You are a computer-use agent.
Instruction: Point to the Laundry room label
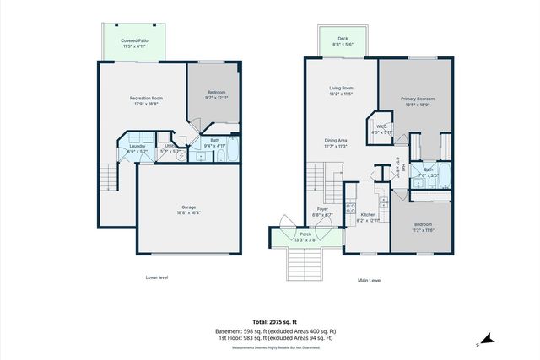pos(137,149)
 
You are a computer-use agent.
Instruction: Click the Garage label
pos(188,210)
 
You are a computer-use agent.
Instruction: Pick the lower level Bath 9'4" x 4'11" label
pos(215,143)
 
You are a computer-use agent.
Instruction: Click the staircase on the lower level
pos(107,176)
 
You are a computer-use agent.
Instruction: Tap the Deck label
pos(343,40)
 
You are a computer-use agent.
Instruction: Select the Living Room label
pos(341,91)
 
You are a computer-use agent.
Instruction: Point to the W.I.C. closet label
pos(382,129)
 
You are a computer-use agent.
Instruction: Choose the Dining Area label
pos(336,143)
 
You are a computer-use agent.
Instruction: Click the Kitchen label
pos(368,218)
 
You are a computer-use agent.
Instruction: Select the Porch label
pos(305,236)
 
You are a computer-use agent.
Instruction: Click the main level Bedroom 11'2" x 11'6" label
pos(423,228)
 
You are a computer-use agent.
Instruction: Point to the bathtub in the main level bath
pos(445,176)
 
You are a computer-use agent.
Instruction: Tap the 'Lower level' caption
pos(158,276)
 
